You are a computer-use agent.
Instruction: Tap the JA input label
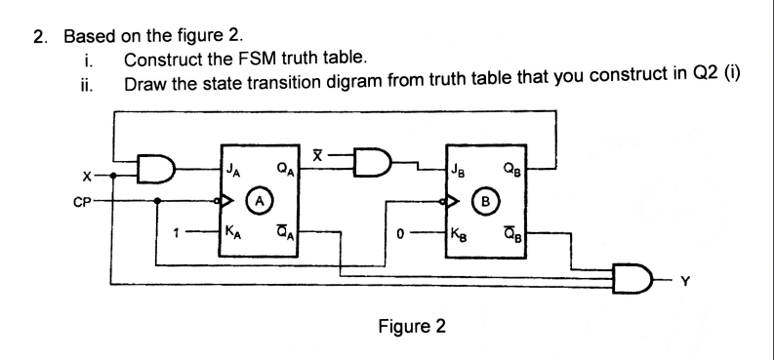(x=234, y=176)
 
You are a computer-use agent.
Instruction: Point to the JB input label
(x=461, y=177)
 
